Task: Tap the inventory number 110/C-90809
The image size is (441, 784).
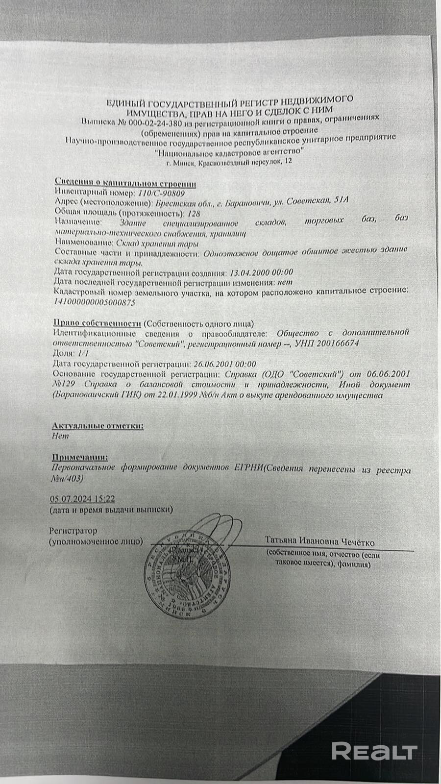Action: (161, 193)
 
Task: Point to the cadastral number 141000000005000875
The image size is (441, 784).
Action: (93, 302)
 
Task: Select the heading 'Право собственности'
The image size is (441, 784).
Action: (97, 323)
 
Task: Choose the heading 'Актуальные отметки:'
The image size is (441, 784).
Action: (98, 425)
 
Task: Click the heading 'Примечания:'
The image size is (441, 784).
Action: (79, 458)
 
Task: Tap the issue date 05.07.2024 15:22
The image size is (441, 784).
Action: (82, 499)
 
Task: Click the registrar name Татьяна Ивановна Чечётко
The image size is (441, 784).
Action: (320, 542)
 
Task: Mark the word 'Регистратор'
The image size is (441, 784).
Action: (73, 531)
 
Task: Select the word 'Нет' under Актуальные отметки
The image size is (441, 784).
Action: (60, 436)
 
